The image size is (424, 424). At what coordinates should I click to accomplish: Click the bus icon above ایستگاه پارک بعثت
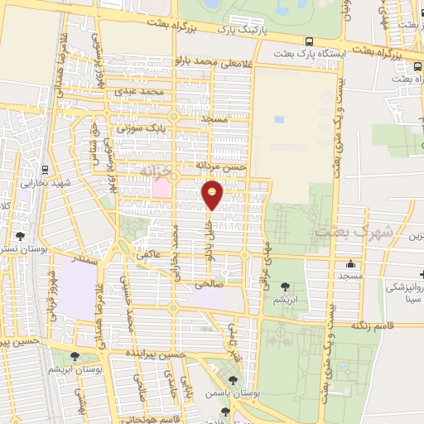tap(309, 41)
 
